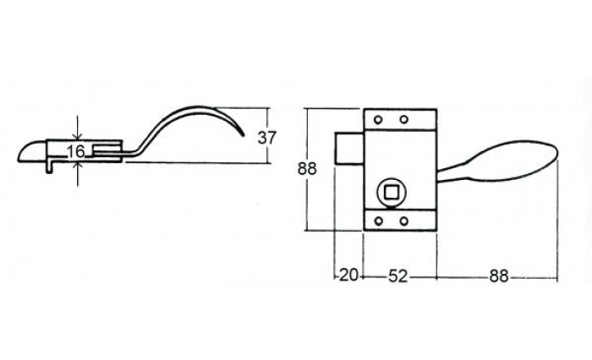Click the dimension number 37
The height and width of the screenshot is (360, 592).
(267, 138)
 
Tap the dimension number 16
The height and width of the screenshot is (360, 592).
(75, 152)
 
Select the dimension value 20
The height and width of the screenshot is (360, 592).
(348, 275)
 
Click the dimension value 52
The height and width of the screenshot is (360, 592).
(398, 276)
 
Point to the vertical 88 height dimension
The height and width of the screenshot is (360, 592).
(307, 169)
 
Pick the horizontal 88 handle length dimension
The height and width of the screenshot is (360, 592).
(499, 276)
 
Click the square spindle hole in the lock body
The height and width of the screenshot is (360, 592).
(389, 193)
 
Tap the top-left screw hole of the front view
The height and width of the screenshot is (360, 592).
(377, 120)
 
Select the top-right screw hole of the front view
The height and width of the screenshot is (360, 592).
(404, 120)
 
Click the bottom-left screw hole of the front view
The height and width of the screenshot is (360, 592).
(378, 221)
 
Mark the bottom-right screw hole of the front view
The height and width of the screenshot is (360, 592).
(404, 221)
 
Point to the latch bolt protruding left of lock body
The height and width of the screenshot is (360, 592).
(349, 148)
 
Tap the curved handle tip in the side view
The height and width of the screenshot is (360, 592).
(242, 134)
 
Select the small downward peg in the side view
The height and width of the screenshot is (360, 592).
(49, 168)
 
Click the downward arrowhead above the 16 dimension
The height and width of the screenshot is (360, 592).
(78, 137)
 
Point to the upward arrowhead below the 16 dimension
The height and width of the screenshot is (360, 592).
(78, 166)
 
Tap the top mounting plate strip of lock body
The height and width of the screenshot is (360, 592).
(400, 120)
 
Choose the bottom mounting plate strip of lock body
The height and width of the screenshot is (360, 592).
(400, 221)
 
